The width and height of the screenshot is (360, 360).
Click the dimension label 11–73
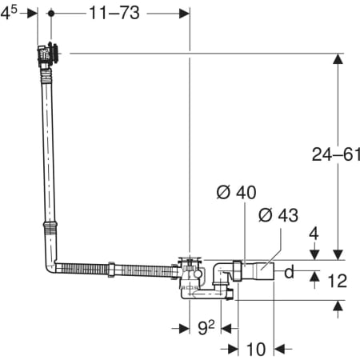point(114,13)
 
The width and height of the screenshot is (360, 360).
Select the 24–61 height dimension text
point(336,154)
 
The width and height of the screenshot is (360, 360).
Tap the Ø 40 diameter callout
point(236,192)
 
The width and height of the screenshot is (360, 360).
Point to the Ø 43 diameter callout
point(278,215)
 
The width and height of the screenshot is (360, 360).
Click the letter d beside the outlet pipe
point(289,272)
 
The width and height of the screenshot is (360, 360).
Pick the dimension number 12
point(337,281)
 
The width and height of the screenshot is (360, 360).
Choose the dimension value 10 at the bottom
point(256,350)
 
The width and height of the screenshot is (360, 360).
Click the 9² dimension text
point(206,327)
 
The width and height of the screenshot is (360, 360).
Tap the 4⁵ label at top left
point(9,13)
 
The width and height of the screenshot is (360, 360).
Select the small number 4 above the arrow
point(314,234)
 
